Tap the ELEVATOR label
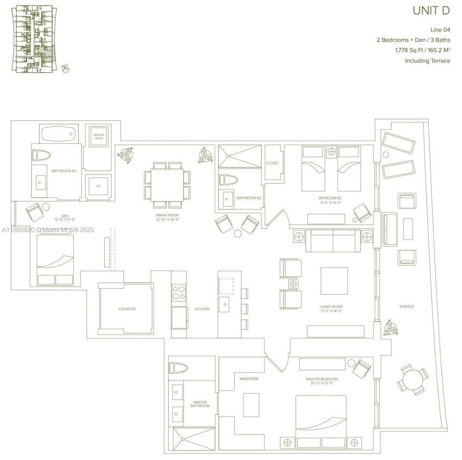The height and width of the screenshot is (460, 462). point(127,309)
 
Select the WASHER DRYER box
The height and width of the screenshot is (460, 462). point(98,137)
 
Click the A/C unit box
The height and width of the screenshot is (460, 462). point(98,186)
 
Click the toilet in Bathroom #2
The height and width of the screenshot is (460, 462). point(228,180)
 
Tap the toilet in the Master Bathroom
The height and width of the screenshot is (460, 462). point(178,368)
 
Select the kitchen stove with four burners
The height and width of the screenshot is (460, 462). point(179,293)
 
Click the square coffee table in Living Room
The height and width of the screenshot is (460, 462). point(334,281)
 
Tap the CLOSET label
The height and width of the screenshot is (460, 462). point(273,163)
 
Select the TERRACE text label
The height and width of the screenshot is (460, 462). point(406,307)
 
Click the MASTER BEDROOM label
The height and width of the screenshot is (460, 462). point(322,379)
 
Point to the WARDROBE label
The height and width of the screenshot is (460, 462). point(249,379)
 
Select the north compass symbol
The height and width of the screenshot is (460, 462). point(65,69)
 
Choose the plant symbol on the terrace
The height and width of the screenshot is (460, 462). point(390,328)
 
